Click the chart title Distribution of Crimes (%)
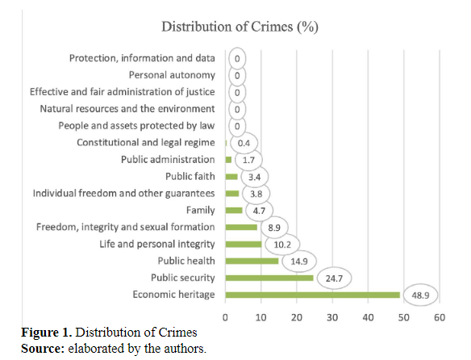(240, 27)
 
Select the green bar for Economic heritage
(312, 295)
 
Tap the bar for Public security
(269, 278)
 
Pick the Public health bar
(252, 261)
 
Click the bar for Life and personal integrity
(243, 244)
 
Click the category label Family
(200, 210)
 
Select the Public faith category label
(190, 176)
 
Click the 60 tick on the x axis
(439, 317)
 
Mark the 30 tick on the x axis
(332, 317)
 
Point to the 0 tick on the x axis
(226, 317)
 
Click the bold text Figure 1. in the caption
(40, 333)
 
